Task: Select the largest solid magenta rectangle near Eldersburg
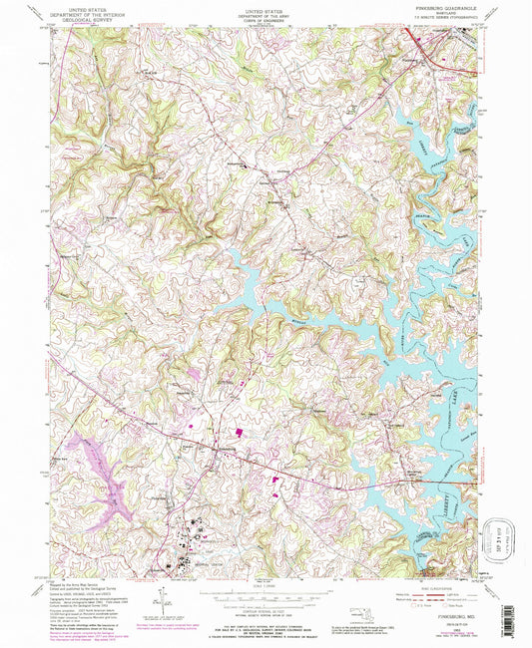click(240, 433)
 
